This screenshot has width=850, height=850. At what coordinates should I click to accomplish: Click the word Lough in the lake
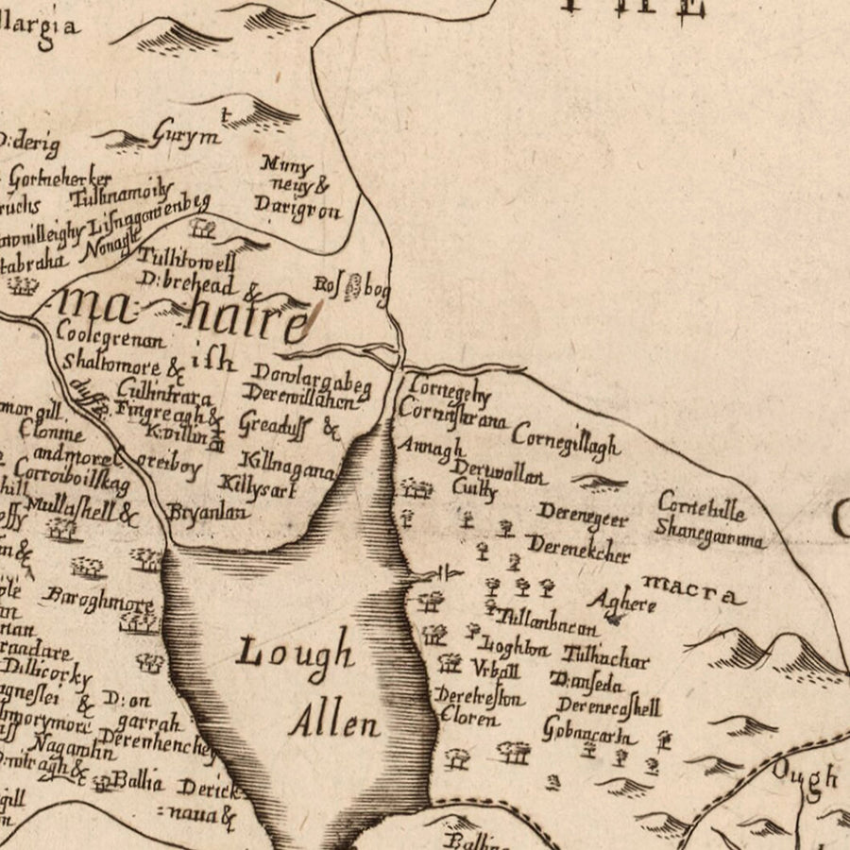[296, 652]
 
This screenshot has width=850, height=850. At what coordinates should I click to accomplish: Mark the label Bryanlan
[209, 513]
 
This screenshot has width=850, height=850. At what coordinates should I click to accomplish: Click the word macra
[692, 593]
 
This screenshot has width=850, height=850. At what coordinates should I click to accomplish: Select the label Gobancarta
[583, 730]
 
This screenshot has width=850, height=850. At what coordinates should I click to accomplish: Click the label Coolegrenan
[110, 335]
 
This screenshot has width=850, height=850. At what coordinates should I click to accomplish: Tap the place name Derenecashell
[607, 706]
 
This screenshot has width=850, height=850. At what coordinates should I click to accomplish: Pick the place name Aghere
[620, 601]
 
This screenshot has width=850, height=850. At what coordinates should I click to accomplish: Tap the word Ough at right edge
[805, 776]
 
